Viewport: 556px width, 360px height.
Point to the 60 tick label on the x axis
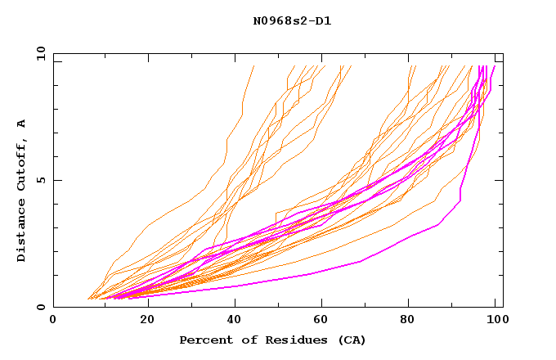tap(321, 320)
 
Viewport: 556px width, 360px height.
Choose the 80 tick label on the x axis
tap(409, 320)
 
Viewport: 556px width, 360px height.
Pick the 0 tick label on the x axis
tap(54, 320)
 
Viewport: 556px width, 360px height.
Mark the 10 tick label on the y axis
tap(38, 53)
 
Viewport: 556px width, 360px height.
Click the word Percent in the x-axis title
tap(204, 340)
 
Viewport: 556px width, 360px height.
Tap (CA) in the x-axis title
tap(352, 340)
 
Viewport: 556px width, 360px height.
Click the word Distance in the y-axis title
tap(21, 232)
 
